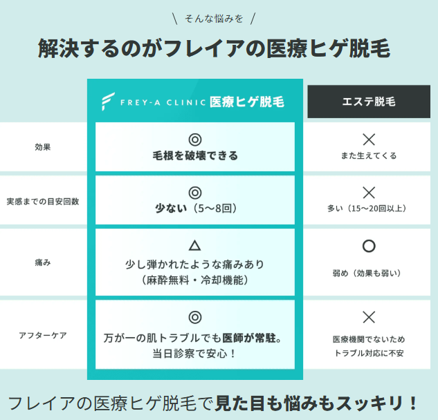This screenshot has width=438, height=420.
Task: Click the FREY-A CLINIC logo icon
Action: click(x=107, y=102)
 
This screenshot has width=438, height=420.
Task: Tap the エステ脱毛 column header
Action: click(x=369, y=102)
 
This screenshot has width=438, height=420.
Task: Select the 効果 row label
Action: click(x=43, y=147)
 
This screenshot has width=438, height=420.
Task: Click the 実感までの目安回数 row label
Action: click(x=43, y=201)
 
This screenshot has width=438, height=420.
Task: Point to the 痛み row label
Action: click(x=43, y=262)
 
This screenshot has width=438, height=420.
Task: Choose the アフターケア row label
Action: click(x=43, y=336)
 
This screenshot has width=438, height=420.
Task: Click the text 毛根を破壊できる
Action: click(x=195, y=155)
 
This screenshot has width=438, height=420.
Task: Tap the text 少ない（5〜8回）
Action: click(x=195, y=207)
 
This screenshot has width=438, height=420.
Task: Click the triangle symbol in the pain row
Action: click(x=195, y=245)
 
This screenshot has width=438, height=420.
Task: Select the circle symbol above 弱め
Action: click(x=369, y=246)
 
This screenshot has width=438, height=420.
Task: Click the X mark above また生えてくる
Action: click(x=369, y=138)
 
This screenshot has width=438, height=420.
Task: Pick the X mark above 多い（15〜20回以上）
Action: click(x=369, y=192)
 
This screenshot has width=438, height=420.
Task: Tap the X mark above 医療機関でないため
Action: click(x=369, y=317)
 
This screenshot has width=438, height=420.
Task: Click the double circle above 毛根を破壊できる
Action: click(x=195, y=139)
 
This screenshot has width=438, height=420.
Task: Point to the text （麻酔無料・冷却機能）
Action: click(x=195, y=280)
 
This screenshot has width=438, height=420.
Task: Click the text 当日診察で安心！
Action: click(x=195, y=354)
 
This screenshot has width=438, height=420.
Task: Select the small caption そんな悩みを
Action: click(x=219, y=18)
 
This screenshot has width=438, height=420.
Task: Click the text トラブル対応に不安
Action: click(x=369, y=353)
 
